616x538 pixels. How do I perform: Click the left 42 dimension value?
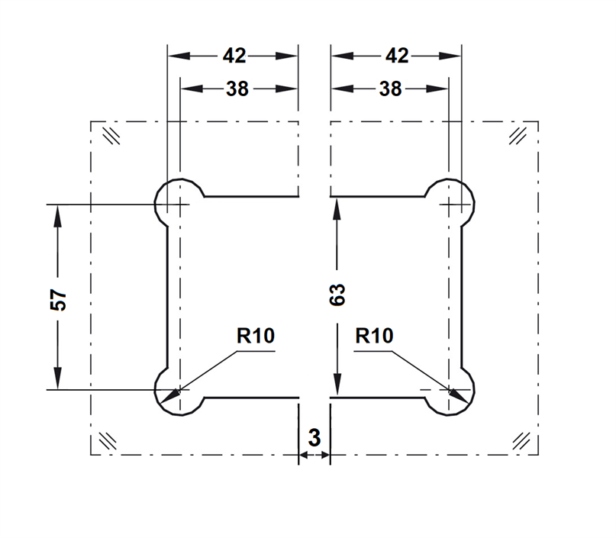coord(234,56)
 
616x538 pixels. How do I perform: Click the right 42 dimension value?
coord(397,56)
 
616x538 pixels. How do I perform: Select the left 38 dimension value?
coord(237,89)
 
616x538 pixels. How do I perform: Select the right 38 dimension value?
coord(390,89)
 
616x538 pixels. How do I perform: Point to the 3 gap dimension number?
coord(314,438)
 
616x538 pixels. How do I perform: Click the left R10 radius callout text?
coord(255,335)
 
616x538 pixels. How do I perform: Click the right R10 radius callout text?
coord(374,335)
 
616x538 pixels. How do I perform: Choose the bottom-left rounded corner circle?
coord(179,391)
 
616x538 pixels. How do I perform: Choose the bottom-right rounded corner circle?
coord(451,391)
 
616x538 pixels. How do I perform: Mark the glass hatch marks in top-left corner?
coord(111,135)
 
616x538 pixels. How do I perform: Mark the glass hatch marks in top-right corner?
coord(520,134)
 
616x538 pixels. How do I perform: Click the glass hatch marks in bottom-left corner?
coord(106,440)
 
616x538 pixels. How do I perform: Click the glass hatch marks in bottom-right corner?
coord(522,440)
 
